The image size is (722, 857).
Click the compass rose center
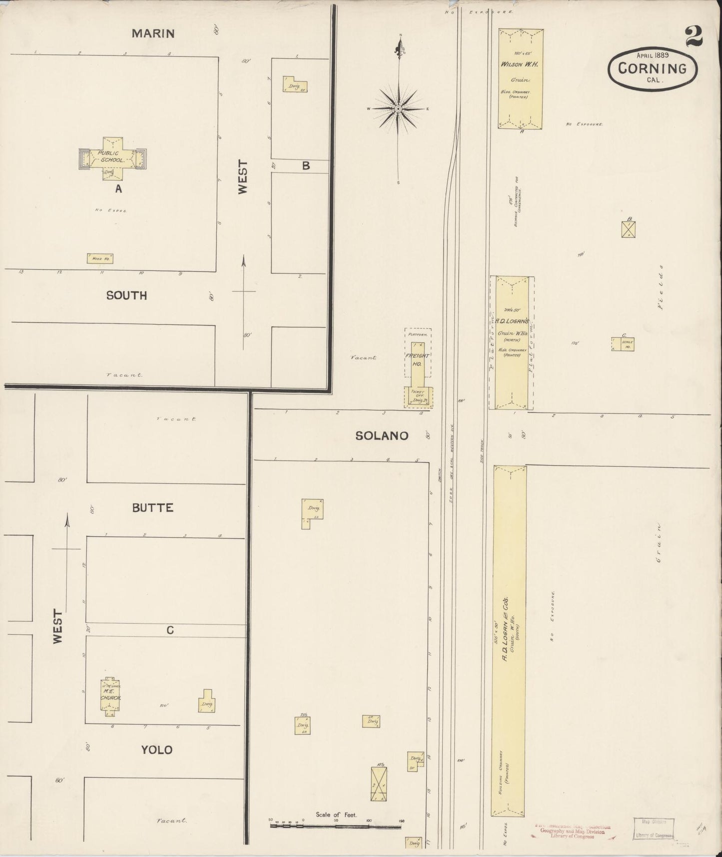coord(398,108)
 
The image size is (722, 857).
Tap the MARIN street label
coord(146,33)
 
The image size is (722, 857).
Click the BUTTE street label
coord(152,507)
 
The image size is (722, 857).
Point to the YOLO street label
coord(156,749)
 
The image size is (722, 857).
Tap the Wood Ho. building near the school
coord(99,258)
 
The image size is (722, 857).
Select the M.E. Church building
coord(110,695)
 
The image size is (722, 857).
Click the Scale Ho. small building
coord(623,344)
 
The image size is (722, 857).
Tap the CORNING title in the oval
coord(652,68)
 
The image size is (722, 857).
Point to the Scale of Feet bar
coord(335,826)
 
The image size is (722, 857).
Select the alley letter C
coord(170,630)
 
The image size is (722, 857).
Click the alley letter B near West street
coord(306,166)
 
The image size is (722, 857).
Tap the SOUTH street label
coord(126,295)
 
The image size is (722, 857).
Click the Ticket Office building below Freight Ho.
coord(418,397)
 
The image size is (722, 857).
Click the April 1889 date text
coord(653,55)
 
